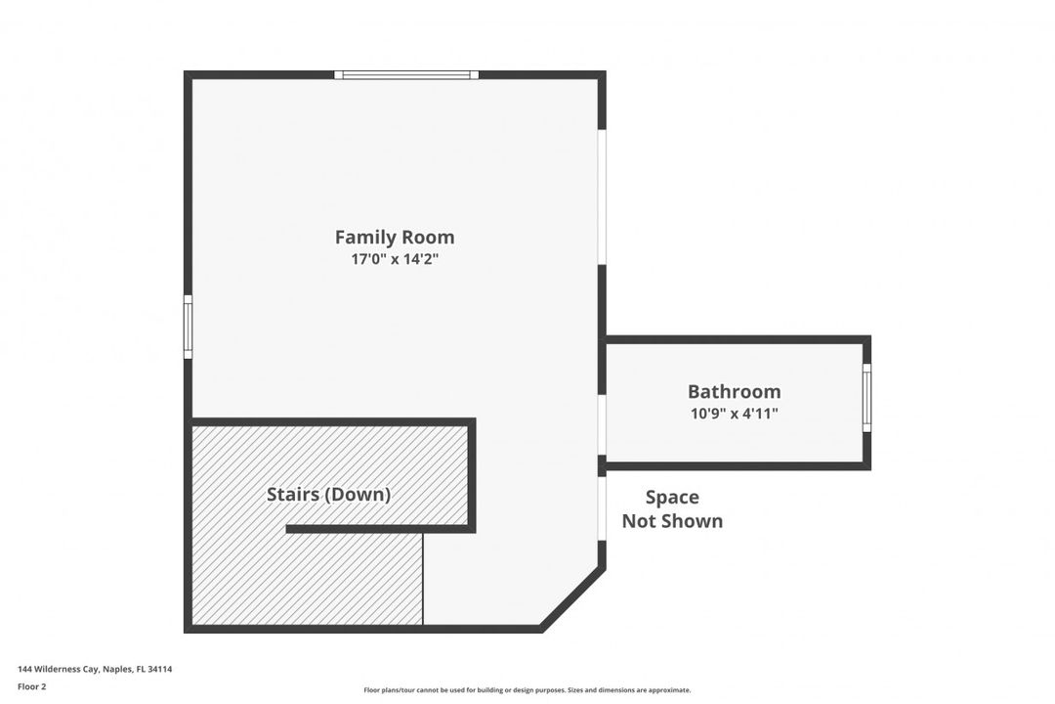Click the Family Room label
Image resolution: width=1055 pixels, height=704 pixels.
tap(395, 238)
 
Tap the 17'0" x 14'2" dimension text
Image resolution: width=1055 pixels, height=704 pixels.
tap(395, 259)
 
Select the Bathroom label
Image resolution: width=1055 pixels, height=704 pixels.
tap(734, 391)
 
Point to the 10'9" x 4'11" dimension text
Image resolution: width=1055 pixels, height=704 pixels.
tap(734, 413)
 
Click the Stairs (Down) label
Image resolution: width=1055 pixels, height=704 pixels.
tap(328, 495)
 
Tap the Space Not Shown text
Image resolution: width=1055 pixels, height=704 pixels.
tap(672, 508)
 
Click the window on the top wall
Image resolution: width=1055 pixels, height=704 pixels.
tap(406, 74)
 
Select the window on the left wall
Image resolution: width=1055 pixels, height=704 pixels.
tap(189, 327)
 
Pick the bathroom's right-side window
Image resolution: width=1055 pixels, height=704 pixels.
tap(866, 398)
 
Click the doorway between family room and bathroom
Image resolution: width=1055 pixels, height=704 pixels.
tap(602, 425)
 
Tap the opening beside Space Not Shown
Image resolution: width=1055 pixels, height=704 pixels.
tap(602, 508)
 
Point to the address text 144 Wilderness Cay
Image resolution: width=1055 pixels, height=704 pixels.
tap(59, 669)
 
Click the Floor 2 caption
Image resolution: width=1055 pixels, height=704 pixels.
tap(31, 687)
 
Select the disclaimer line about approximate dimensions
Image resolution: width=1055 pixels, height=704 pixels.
tap(527, 690)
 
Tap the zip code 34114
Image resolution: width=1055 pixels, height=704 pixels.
tap(160, 669)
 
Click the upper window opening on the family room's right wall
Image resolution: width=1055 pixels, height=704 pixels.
tap(602, 197)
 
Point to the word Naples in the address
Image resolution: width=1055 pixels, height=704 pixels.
tap(118, 669)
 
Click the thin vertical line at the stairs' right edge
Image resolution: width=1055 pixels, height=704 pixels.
tap(423, 579)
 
